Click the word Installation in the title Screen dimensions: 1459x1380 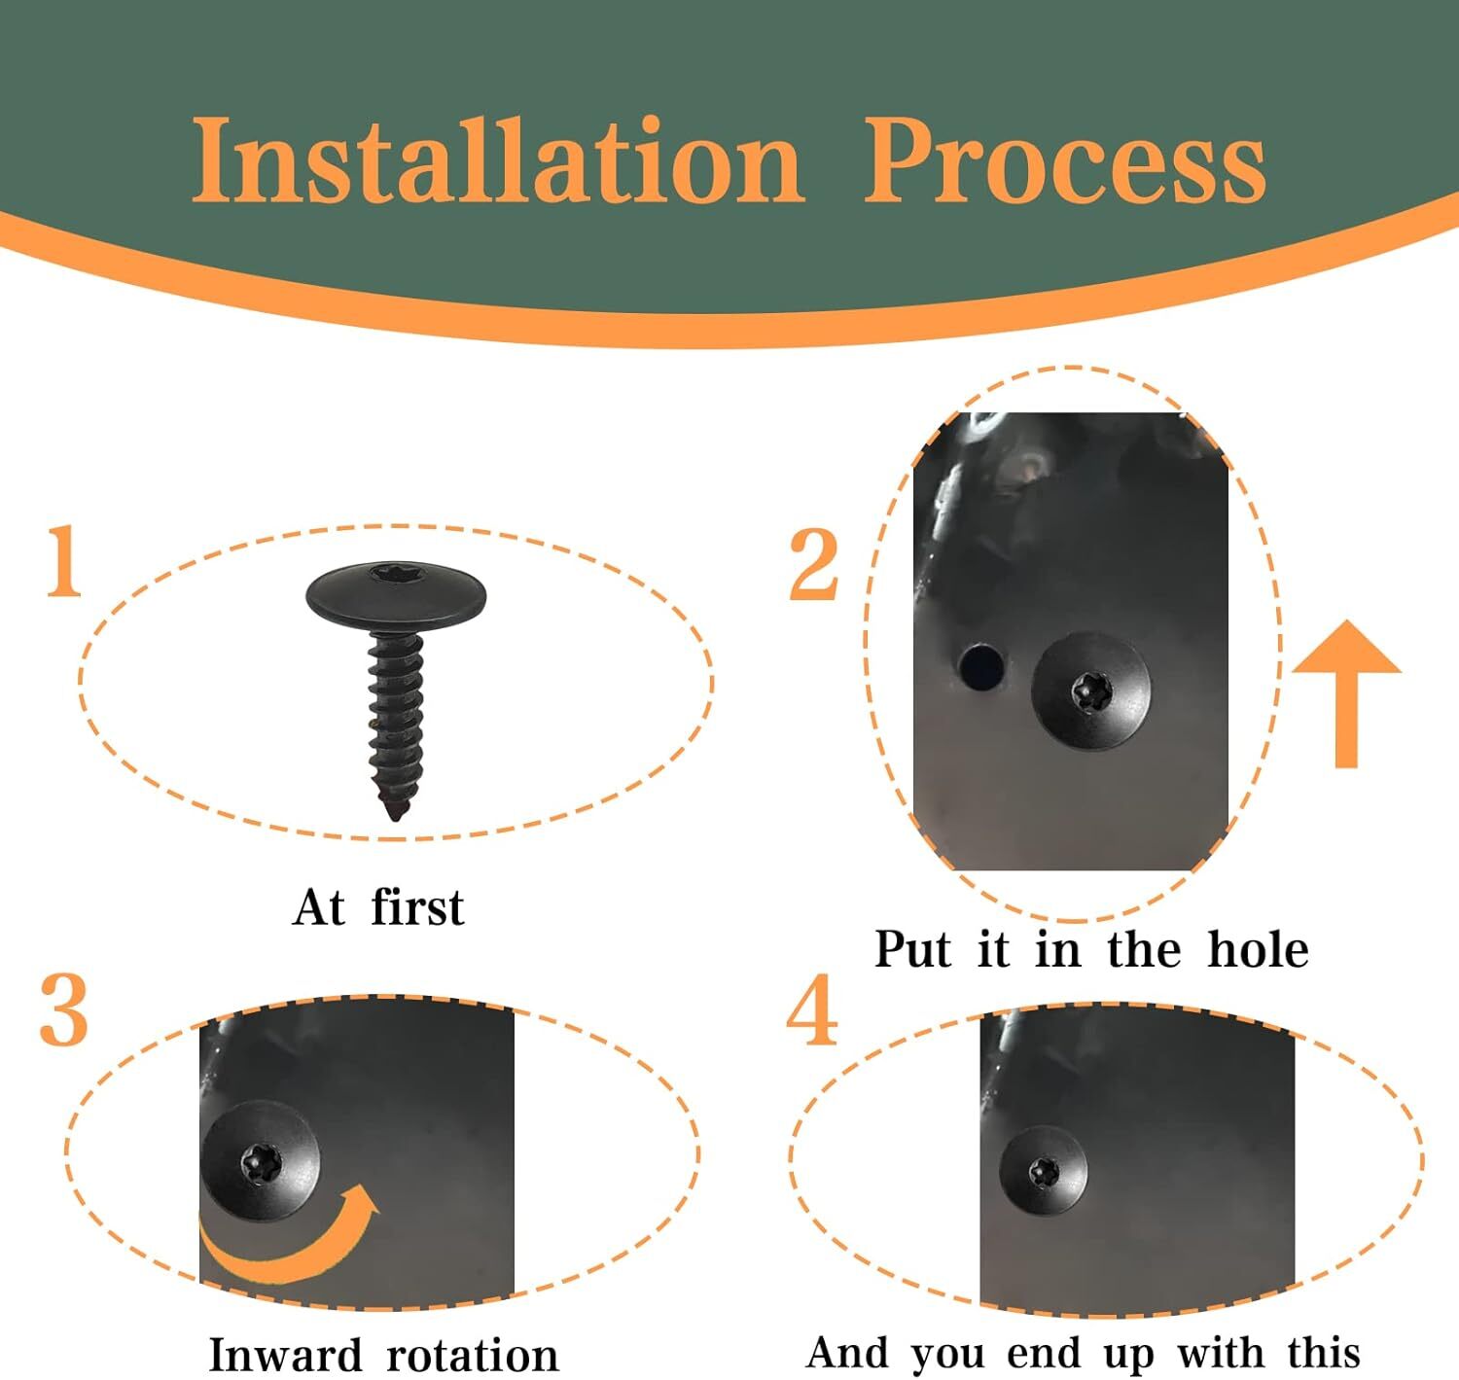tap(498, 159)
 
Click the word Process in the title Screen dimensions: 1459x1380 tap(1065, 159)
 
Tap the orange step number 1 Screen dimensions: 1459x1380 tap(64, 560)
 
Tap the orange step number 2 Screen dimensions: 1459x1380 tap(813, 564)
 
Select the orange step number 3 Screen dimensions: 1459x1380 tap(64, 1009)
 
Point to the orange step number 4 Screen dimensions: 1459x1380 tap(812, 1009)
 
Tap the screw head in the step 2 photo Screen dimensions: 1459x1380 tap(1091, 691)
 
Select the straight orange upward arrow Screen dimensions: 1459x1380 tap(1346, 693)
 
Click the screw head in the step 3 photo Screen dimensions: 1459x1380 tap(261, 1161)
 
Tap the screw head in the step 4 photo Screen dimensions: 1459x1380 tap(1044, 1172)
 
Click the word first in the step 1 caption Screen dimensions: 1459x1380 tap(417, 906)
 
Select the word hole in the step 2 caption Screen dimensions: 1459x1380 tap(1259, 949)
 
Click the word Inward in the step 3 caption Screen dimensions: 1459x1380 tap(286, 1356)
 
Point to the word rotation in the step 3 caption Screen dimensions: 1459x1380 tap(473, 1356)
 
